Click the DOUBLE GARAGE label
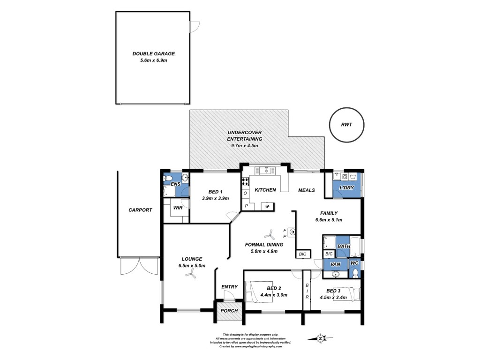coord(153,53)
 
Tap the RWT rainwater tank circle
coord(346,112)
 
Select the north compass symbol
coord(321,338)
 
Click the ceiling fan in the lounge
coord(190,275)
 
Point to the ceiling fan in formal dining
coord(270,235)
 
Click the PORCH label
coord(229,311)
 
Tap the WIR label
coord(178,208)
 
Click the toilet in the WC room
coord(355,272)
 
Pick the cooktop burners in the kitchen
coord(245,181)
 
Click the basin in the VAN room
coord(336,274)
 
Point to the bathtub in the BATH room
coord(355,247)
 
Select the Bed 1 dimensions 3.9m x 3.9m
coord(216,198)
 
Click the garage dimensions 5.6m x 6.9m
coord(153,60)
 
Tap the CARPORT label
coord(140,210)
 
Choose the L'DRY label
coord(347,187)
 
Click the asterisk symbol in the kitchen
coord(267,207)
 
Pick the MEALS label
coord(307,190)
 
